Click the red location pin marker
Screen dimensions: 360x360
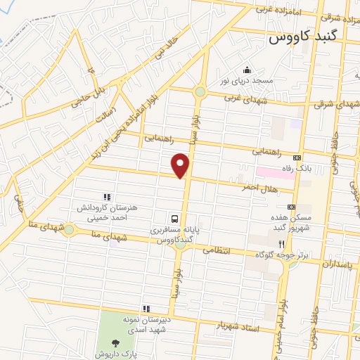181,166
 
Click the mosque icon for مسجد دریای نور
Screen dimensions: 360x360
247,70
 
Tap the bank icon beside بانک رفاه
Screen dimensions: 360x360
297,158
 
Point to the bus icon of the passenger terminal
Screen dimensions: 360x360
175,218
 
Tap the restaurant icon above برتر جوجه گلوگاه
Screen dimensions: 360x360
281,243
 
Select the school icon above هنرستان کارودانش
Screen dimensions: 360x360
106,198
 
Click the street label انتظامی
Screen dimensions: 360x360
218,250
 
